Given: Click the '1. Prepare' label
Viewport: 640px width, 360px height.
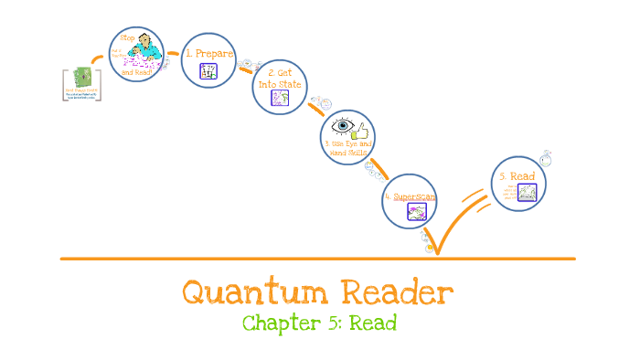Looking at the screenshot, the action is click(210, 53).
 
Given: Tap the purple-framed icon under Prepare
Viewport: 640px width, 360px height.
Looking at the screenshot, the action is click(208, 71).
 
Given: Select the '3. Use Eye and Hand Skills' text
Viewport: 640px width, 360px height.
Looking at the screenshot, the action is click(347, 148).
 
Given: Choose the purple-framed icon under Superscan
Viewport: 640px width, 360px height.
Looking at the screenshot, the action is click(417, 213).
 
